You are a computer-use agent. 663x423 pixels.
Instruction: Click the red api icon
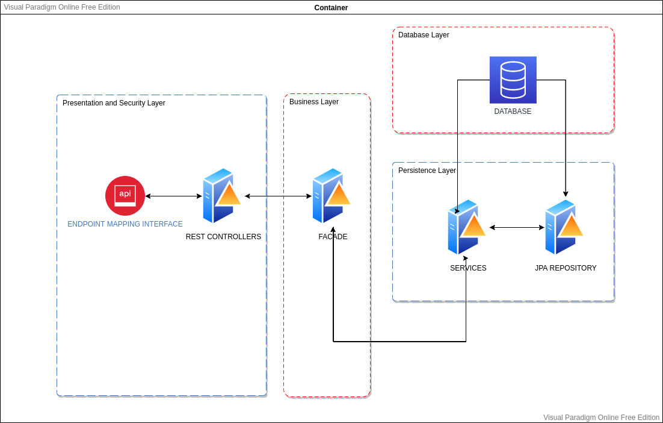125,196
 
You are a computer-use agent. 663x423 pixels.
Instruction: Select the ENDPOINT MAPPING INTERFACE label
125,224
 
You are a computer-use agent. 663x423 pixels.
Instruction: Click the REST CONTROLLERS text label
223,237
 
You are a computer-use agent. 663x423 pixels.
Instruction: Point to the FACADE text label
333,237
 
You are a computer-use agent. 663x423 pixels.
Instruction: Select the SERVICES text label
468,268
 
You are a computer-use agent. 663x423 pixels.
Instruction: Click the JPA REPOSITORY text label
566,268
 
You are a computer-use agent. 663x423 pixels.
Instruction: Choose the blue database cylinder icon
513,80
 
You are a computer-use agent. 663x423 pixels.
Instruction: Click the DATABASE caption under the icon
513,111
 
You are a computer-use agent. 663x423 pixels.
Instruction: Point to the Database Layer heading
424,35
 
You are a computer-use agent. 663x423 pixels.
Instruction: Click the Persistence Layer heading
427,171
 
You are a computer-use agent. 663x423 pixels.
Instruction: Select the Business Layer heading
314,102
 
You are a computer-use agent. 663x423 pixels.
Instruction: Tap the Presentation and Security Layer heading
114,103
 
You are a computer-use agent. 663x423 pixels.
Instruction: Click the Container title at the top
331,8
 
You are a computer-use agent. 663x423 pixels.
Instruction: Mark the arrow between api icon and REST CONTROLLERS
173,196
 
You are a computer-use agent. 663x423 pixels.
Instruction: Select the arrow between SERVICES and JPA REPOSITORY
517,227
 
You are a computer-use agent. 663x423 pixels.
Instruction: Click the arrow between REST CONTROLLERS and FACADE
278,196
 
